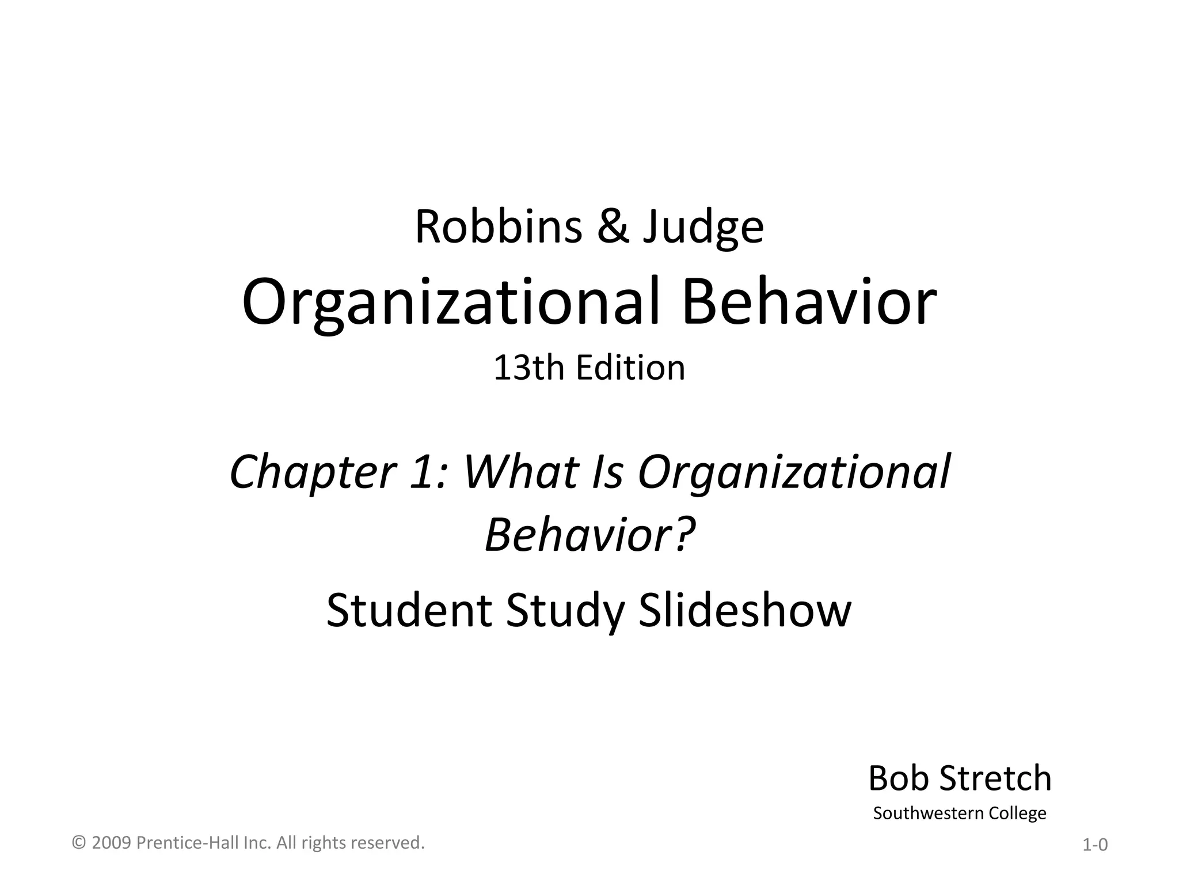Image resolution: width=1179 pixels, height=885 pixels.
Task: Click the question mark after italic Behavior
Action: click(684, 534)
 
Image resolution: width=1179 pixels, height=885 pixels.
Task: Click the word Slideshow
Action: click(745, 610)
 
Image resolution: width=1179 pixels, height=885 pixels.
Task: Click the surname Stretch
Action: click(995, 778)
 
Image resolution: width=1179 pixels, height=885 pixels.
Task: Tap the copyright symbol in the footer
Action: click(79, 843)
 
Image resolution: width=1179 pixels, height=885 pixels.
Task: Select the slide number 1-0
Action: click(1095, 845)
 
